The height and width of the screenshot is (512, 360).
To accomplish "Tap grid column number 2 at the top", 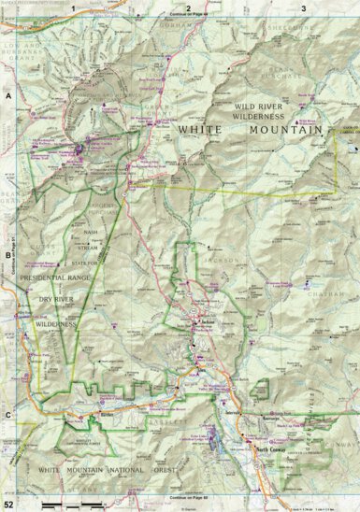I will tap(188, 7).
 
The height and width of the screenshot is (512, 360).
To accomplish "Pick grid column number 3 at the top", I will tap(303, 7).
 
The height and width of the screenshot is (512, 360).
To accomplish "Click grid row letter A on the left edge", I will tap(7, 95).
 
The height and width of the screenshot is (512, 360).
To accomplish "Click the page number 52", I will tap(8, 505).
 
